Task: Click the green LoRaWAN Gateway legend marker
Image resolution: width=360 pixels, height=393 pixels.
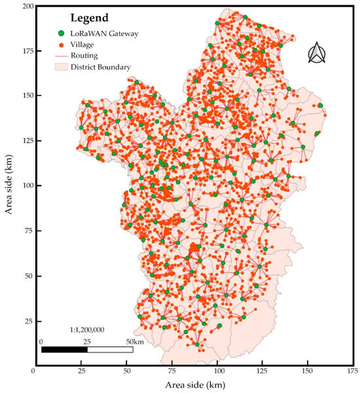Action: pos(62,33)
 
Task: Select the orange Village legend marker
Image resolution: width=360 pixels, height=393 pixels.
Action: pos(62,44)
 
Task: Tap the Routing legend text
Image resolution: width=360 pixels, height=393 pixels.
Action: pos(86,55)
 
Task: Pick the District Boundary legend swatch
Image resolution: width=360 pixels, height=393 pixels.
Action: pos(62,66)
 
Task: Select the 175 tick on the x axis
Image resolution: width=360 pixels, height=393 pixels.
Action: pos(352,371)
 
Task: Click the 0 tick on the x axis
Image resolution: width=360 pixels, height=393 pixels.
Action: pos(33,371)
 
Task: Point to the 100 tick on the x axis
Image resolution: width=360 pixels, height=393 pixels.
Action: pos(215,371)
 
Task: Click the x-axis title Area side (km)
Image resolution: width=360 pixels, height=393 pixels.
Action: pos(192,384)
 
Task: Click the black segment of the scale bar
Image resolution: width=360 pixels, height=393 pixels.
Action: pos(64,350)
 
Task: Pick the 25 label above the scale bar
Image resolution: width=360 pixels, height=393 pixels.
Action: pos(88,341)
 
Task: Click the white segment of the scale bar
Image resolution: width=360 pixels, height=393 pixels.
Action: pos(110,350)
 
